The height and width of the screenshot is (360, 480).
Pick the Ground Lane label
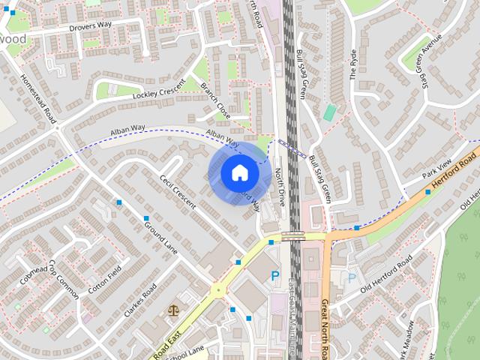click(x=160, y=237)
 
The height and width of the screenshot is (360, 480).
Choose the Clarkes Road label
click(x=140, y=300)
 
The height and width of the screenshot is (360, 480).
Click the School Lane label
click(x=185, y=351)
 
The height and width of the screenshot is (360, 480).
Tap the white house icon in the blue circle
click(x=239, y=173)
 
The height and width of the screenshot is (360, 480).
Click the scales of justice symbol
click(x=175, y=308)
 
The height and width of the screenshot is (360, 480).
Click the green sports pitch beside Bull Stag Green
click(x=330, y=112)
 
